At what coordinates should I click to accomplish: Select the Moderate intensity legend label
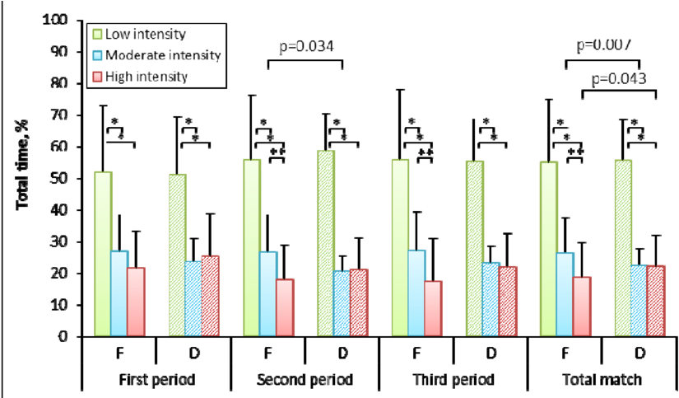click(x=162, y=56)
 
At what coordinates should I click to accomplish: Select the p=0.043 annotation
click(x=618, y=78)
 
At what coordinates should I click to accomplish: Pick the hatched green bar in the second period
click(x=326, y=243)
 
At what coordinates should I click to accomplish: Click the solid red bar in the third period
click(x=433, y=308)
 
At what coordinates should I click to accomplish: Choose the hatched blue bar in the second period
click(x=342, y=302)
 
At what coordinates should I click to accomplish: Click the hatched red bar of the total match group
click(x=655, y=300)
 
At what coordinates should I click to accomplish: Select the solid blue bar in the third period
click(x=417, y=293)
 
